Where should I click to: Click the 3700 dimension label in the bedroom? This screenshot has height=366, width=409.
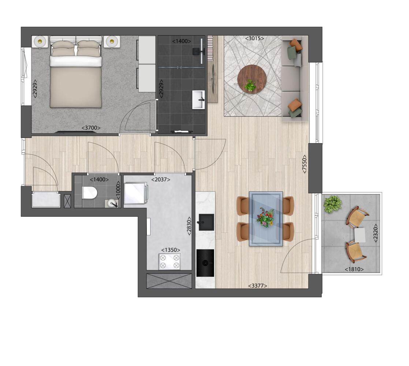click(91, 128)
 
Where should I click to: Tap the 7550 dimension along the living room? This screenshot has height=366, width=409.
click(304, 164)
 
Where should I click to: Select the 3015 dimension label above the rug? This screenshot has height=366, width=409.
click(254, 38)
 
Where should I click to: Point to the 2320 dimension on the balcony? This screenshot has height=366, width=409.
click(376, 233)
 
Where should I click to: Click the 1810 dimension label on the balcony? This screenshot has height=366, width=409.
click(354, 269)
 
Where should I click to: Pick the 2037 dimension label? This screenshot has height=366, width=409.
click(161, 179)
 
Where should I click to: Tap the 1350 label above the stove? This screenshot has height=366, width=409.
click(171, 250)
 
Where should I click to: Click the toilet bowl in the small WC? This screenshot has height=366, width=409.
click(90, 193)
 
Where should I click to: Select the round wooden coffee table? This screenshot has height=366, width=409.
click(252, 79)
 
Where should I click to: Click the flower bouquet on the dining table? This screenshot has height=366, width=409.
click(265, 218)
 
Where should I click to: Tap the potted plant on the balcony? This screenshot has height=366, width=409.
click(332, 204)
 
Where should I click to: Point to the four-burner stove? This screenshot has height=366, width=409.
click(170, 261)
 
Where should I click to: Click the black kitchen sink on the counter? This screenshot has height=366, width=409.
click(206, 222)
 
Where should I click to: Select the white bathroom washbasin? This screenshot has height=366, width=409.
click(199, 100)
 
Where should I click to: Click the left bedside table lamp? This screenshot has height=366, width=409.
click(40, 41)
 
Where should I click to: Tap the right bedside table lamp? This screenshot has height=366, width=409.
click(112, 41)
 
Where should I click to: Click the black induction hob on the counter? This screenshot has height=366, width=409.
click(205, 263)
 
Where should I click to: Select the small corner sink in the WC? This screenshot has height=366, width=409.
click(112, 203)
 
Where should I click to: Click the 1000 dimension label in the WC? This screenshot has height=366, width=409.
click(118, 190)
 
